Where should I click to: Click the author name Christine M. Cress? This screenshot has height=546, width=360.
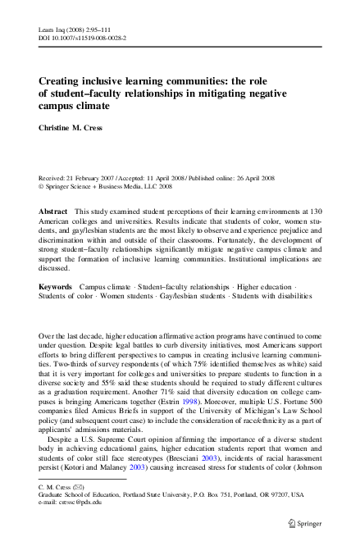(74, 128)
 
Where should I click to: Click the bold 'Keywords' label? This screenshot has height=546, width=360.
(59, 285)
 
